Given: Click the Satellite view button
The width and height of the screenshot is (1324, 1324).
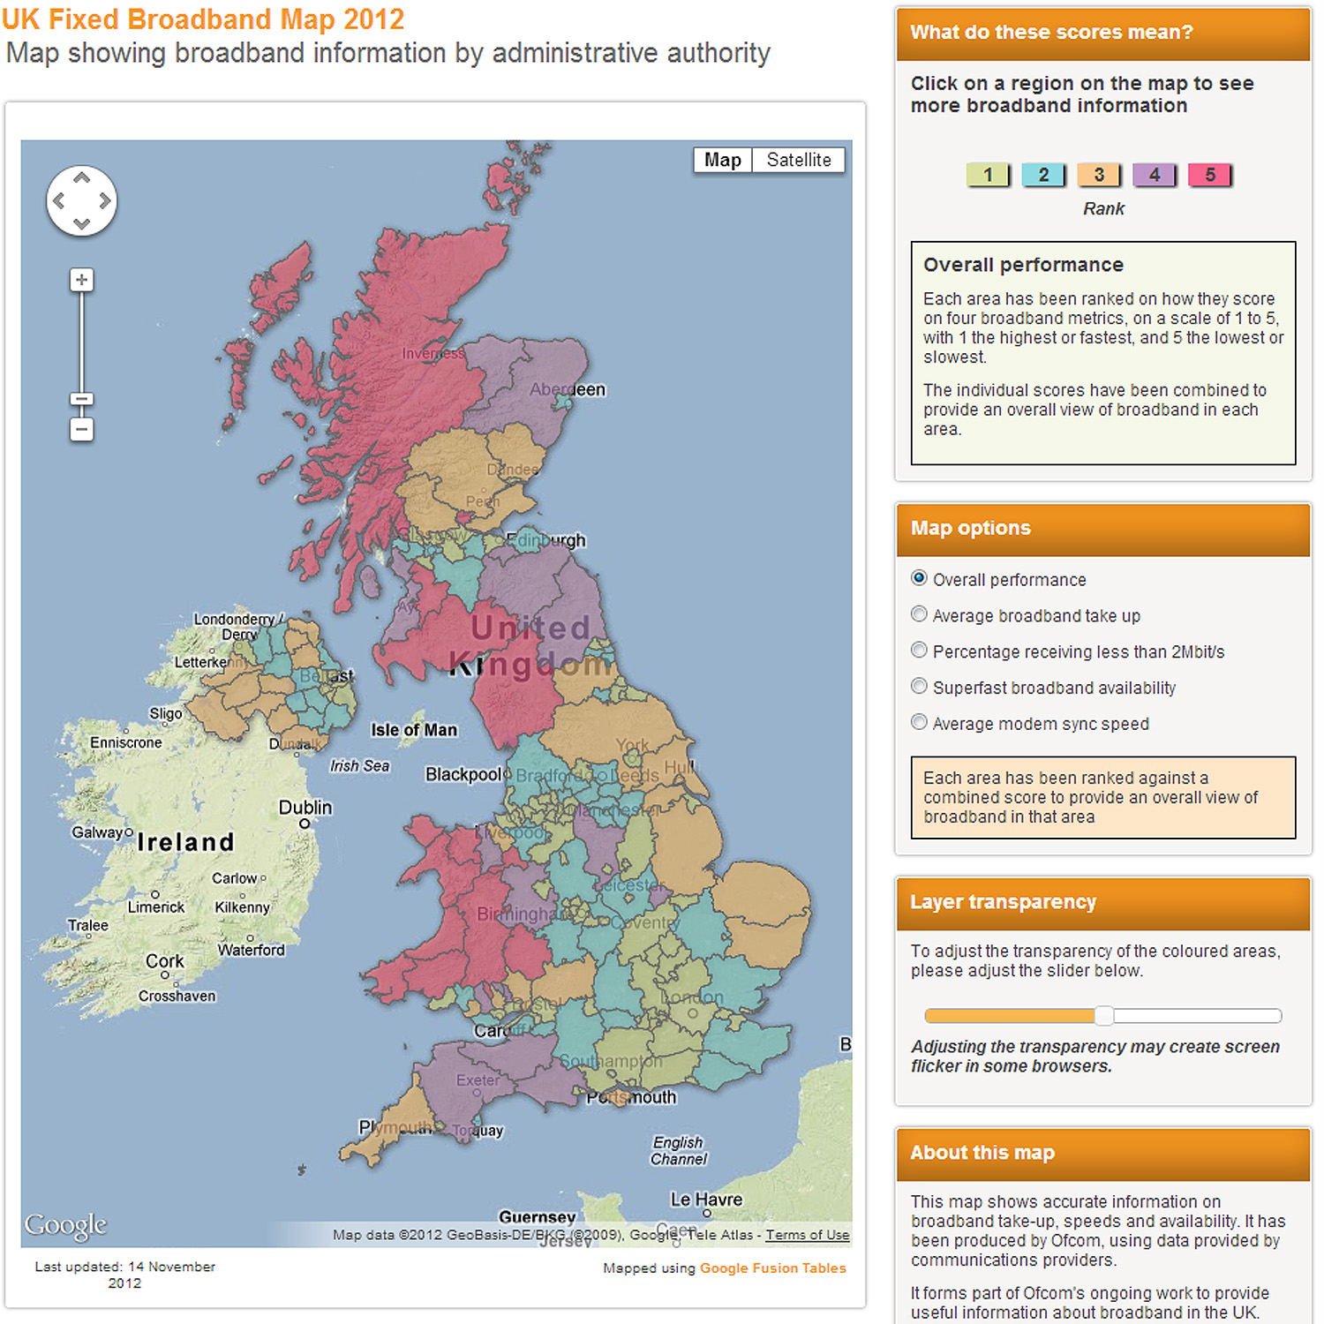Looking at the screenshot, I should pyautogui.click(x=798, y=160).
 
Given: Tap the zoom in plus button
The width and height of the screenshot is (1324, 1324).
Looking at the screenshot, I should pyautogui.click(x=81, y=281).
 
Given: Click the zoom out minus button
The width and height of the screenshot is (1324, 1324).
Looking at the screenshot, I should pyautogui.click(x=81, y=430).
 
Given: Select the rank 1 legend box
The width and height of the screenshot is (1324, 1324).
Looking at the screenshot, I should pyautogui.click(x=988, y=175).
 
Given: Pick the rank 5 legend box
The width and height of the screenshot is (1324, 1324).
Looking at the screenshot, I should pyautogui.click(x=1209, y=175).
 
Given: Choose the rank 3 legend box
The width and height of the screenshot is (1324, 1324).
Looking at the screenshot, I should pyautogui.click(x=1099, y=175).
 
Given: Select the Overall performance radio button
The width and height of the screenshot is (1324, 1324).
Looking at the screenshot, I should pyautogui.click(x=919, y=578).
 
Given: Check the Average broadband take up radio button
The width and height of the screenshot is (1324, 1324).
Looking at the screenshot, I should pyautogui.click(x=919, y=614).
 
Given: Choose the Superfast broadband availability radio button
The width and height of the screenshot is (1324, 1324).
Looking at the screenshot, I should pyautogui.click(x=919, y=686).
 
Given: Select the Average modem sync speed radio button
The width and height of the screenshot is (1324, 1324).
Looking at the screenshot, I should pyautogui.click(x=919, y=722).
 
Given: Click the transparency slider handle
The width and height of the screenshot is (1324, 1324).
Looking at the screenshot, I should pyautogui.click(x=1103, y=1015).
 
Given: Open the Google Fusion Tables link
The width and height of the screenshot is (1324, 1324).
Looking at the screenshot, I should pyautogui.click(x=772, y=1268).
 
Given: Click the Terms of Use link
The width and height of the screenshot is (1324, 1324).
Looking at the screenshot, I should pyautogui.click(x=807, y=1235).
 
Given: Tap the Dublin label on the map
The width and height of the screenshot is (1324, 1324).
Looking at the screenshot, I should pyautogui.click(x=305, y=808).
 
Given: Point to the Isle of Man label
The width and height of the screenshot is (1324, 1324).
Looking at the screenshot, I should pyautogui.click(x=414, y=730).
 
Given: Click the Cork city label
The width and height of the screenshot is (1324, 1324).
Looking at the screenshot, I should pyautogui.click(x=165, y=961).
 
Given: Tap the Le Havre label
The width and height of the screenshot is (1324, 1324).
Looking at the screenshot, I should pyautogui.click(x=706, y=1200).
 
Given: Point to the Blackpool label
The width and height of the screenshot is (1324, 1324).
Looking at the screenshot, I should pyautogui.click(x=463, y=774).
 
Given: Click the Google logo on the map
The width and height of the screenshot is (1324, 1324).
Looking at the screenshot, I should pyautogui.click(x=65, y=1224).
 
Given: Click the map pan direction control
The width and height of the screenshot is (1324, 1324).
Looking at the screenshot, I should pyautogui.click(x=81, y=200).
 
